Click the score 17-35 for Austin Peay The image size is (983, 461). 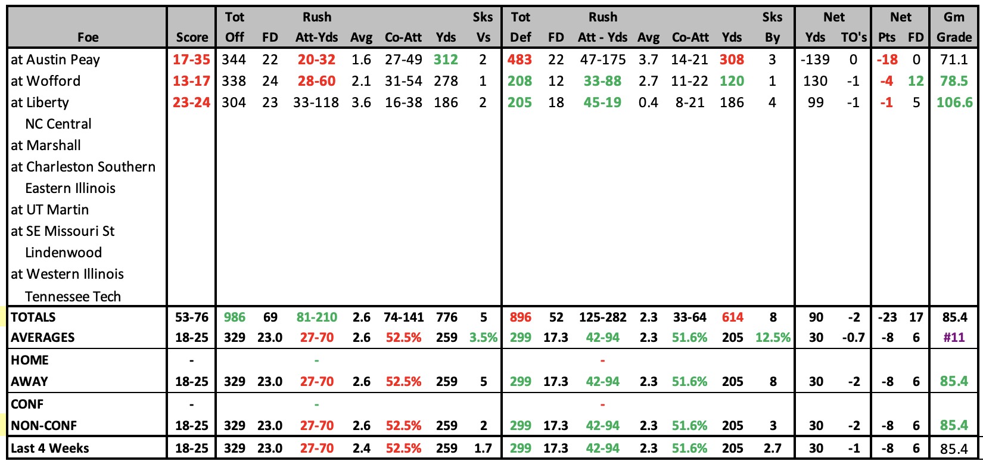191,59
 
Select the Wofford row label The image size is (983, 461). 46,81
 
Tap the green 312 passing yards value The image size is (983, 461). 446,59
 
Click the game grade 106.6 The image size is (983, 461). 954,102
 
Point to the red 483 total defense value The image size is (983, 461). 520,59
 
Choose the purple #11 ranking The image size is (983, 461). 954,337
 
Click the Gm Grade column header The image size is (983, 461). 954,27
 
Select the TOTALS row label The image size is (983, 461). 33,317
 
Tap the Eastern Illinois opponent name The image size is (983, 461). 70,188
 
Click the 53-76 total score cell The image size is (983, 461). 192,317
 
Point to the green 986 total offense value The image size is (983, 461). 234,317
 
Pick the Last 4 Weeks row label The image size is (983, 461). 49,448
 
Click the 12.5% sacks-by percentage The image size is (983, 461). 773,337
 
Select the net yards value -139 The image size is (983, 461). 816,59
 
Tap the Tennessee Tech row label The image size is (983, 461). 73,297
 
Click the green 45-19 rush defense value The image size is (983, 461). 602,102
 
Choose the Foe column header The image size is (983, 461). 88,38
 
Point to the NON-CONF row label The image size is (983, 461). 43,425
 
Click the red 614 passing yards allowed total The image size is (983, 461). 732,317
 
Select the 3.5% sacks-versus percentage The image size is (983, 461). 483,337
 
